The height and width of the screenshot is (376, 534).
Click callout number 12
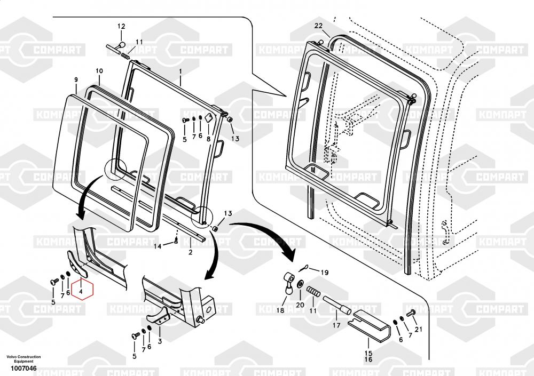tap(121, 26)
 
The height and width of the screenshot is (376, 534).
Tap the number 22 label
tap(318, 26)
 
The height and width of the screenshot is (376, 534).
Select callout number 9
tap(76, 79)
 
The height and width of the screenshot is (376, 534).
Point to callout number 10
tap(99, 71)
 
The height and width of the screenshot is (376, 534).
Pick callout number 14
tap(158, 246)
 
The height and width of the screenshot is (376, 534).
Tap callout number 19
tap(325, 272)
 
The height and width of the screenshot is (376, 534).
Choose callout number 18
tap(280, 311)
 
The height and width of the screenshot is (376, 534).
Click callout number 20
tap(300, 305)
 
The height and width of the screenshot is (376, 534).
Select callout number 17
tap(336, 325)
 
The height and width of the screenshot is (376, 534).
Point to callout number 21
tap(418, 330)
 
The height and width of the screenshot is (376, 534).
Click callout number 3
tap(159, 341)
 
